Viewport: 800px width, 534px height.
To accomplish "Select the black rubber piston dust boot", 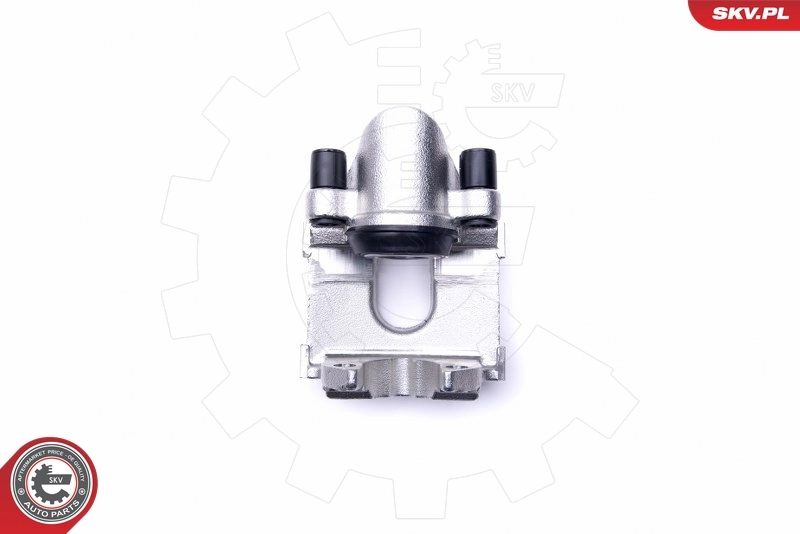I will coord(404,240).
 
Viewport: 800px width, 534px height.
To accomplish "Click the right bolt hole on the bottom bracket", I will coord(456,378).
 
